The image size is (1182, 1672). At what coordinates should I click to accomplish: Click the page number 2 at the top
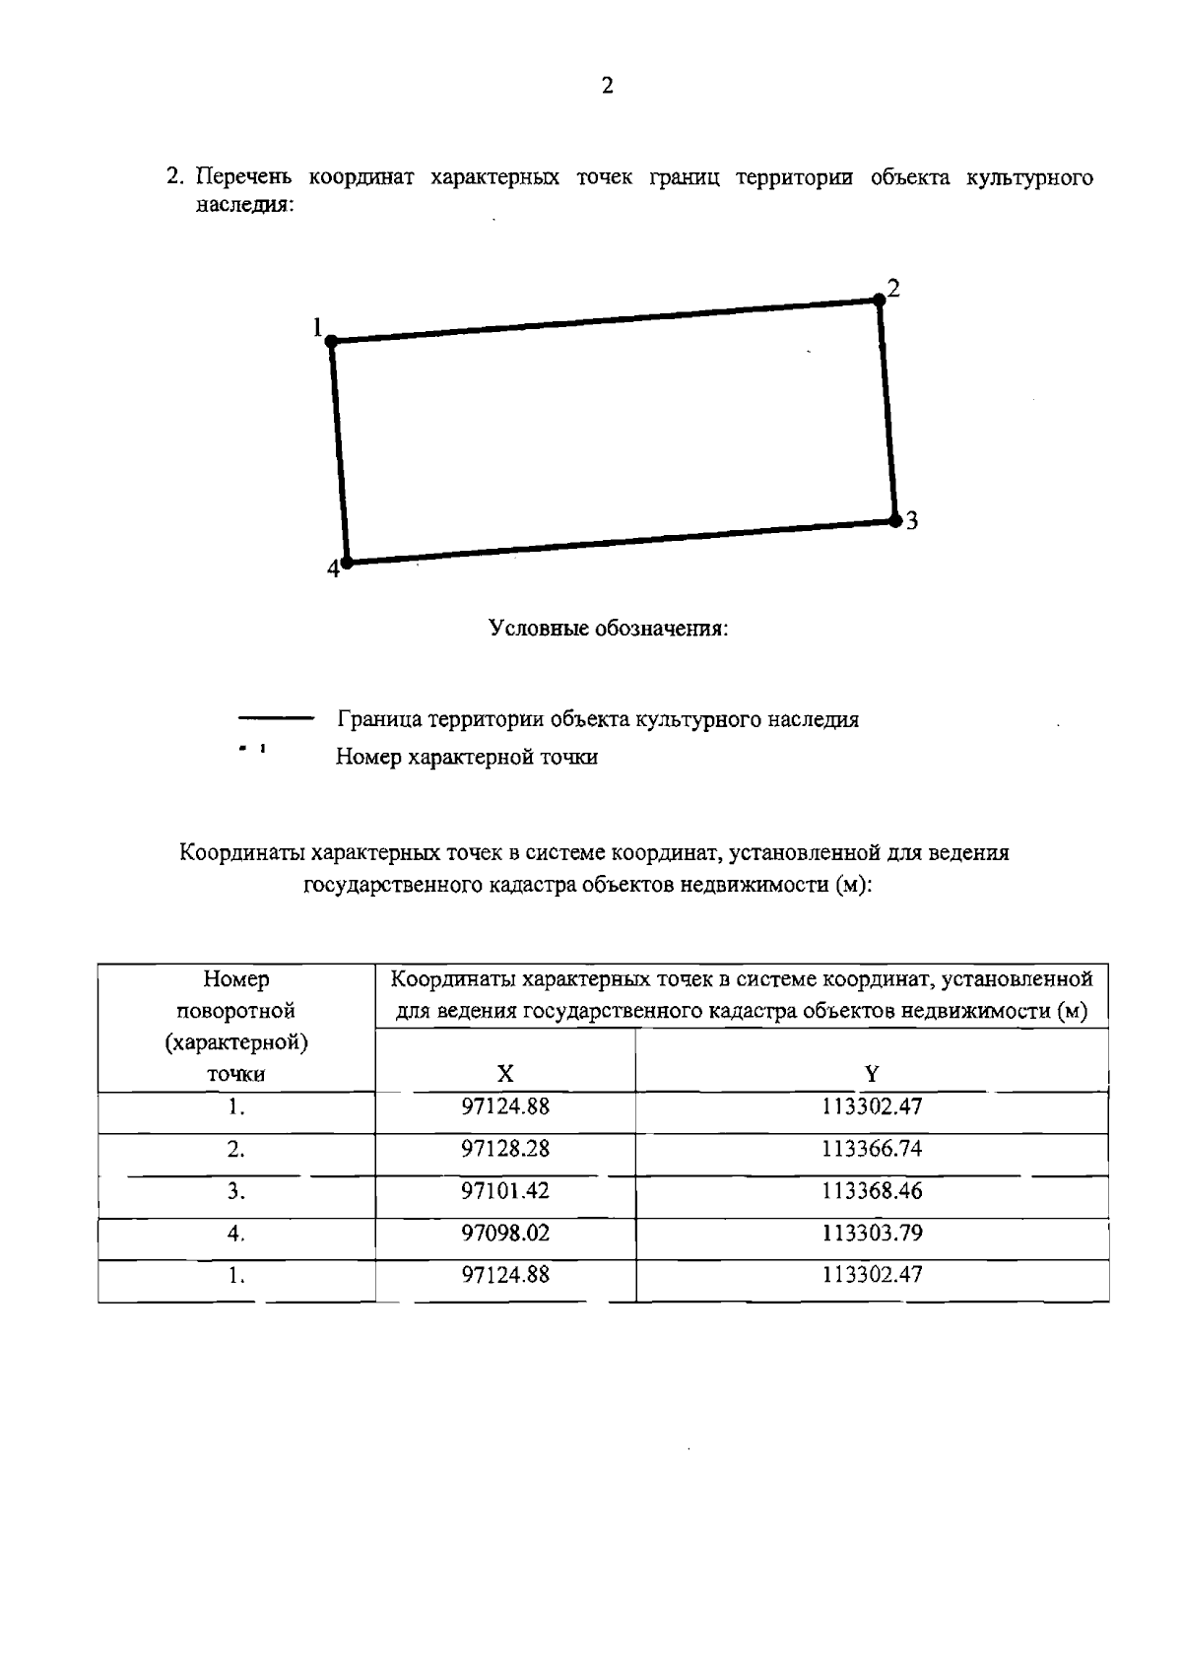(x=607, y=87)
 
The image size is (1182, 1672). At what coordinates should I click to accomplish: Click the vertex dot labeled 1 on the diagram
(x=332, y=341)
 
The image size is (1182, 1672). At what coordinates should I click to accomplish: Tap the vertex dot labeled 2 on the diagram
(x=879, y=300)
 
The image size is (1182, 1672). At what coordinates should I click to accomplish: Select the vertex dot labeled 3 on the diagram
(x=894, y=519)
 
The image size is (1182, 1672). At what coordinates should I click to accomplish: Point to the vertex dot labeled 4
(x=347, y=563)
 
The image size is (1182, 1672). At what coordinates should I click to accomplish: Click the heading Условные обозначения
(x=609, y=629)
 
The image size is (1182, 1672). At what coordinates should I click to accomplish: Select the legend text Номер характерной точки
(x=467, y=758)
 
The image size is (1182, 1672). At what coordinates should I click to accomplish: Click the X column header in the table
(x=504, y=1074)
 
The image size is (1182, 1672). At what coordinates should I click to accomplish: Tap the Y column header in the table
(x=872, y=1074)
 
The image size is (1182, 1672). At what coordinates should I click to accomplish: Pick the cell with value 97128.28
(x=505, y=1149)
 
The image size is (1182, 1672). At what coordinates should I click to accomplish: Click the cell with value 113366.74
(x=872, y=1149)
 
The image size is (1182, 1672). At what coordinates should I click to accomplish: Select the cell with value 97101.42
(x=505, y=1191)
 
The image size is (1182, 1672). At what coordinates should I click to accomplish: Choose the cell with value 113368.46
(x=872, y=1191)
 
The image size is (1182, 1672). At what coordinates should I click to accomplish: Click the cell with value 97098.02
(x=505, y=1234)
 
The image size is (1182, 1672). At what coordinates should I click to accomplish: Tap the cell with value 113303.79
(x=872, y=1234)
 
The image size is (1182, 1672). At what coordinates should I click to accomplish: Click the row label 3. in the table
(x=235, y=1191)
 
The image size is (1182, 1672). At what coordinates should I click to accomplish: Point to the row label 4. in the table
(x=235, y=1234)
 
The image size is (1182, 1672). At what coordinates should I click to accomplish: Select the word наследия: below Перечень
(x=245, y=205)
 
